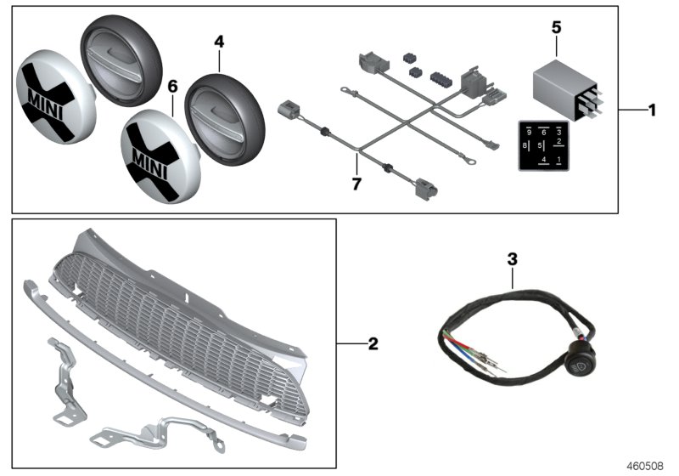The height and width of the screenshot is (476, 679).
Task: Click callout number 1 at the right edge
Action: pos(652,110)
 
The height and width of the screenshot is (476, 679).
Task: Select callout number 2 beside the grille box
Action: pos(373,344)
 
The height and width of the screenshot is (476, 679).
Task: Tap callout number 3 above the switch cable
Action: pos(511,258)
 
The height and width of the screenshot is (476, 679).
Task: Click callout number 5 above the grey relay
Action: pos(556,27)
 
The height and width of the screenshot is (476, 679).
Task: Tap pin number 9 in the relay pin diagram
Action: pos(529,133)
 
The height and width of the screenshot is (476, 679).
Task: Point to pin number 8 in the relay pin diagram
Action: pos(527,146)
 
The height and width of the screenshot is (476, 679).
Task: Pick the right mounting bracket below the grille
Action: pos(161,426)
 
